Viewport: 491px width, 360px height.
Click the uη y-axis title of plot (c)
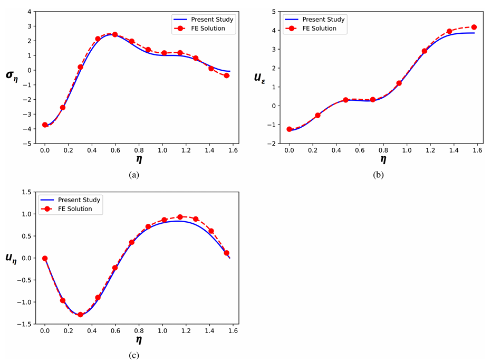(12, 259)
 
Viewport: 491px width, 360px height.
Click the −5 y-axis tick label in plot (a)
(26, 143)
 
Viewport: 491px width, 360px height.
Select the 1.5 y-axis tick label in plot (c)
(26, 193)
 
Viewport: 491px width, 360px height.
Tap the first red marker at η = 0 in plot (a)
(45, 125)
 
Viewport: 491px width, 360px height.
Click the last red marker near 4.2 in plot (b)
(474, 27)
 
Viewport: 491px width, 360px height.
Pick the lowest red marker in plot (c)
(80, 315)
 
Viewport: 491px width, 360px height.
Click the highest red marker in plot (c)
(180, 217)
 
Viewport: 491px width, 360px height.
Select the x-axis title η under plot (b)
(383, 160)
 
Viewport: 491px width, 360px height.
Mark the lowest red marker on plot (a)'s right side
(227, 75)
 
